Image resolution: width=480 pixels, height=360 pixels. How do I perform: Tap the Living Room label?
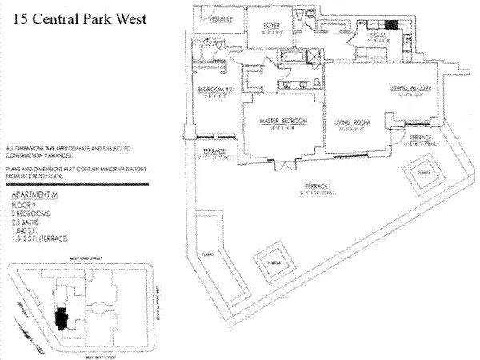(353, 122)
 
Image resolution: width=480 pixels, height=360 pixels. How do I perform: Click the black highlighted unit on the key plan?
(58, 317)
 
